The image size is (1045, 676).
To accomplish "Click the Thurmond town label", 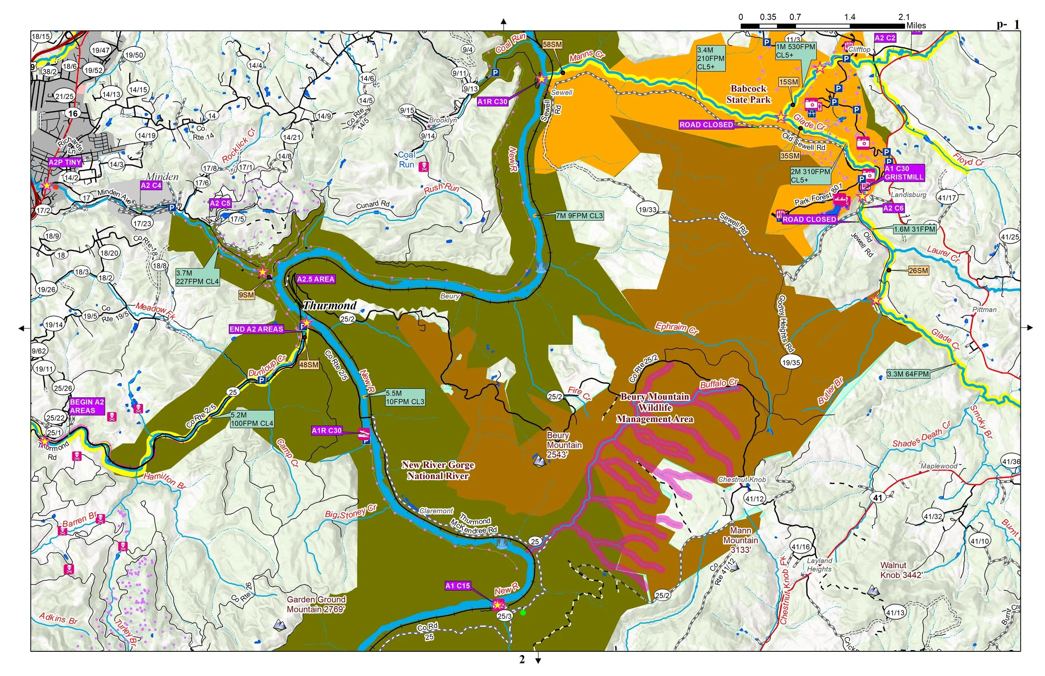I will click(330, 305).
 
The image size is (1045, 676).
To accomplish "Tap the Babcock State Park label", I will click(748, 94).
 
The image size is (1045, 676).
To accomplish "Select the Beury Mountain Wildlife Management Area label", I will click(655, 408).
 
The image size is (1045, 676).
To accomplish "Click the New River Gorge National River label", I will click(438, 470).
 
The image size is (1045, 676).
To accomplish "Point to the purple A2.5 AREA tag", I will click(316, 279).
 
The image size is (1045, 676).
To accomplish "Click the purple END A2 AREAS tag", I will click(256, 329).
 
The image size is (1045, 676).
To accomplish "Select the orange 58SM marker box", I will click(552, 44).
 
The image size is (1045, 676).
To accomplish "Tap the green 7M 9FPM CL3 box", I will click(580, 216).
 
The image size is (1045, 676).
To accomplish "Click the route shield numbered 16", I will click(73, 113).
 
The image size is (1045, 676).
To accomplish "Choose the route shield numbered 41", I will click(877, 498).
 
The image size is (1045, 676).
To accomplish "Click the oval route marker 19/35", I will click(791, 363).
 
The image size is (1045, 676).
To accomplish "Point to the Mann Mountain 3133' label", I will click(741, 540).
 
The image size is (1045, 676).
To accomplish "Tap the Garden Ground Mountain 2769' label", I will click(316, 605).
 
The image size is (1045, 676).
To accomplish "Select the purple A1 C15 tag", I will click(458, 586).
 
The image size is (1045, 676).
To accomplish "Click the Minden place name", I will click(162, 176).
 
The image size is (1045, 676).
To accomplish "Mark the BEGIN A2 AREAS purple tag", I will click(87, 406).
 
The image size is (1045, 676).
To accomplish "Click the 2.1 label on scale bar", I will click(904, 17).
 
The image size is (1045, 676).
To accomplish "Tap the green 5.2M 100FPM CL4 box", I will click(252, 419).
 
